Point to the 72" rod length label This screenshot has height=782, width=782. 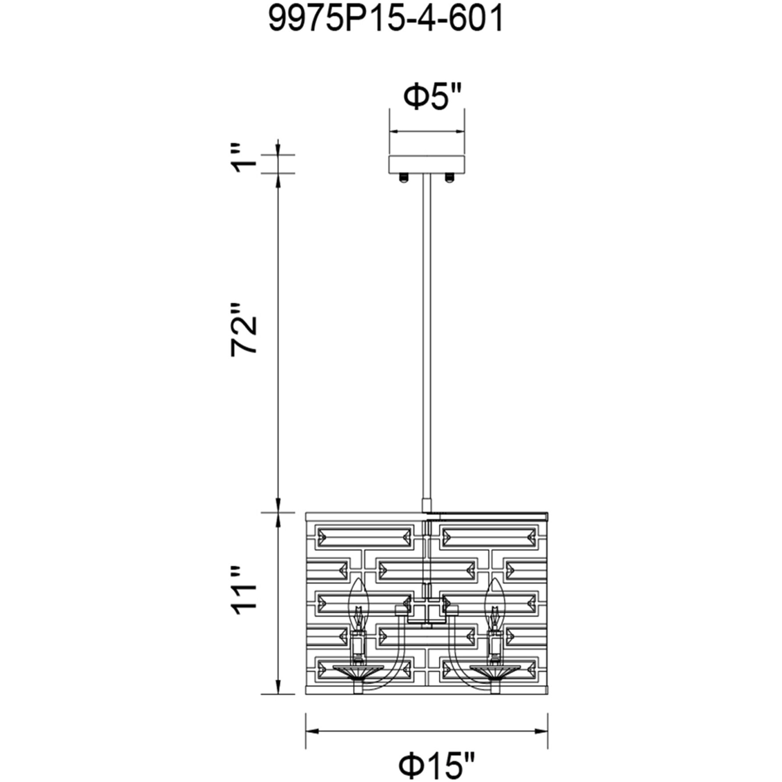244,329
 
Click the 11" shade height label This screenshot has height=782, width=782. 244,591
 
